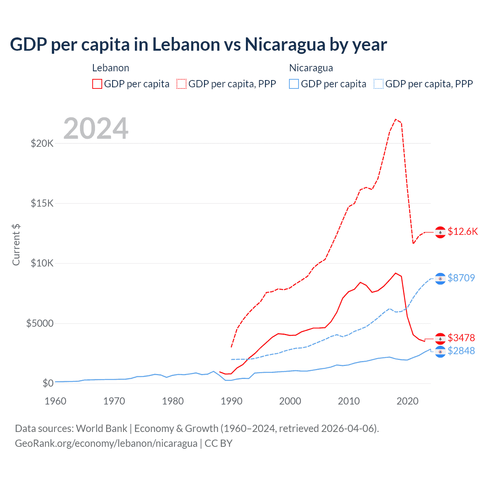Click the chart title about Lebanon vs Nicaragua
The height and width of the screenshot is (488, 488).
coord(198,45)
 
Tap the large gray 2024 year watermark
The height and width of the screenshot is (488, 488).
coord(96,128)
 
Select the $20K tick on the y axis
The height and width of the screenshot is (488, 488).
coord(42,144)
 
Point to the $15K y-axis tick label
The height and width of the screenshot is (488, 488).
coord(42,204)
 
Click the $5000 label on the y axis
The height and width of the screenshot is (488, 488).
coord(40,324)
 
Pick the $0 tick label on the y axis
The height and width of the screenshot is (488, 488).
coord(48,384)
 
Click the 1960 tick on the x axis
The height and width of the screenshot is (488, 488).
coord(56,401)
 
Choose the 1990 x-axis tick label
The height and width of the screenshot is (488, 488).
coord(231,401)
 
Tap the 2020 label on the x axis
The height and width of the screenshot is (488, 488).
coord(408,401)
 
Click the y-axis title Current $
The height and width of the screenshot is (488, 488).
coord(16,245)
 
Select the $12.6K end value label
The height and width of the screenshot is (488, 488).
coord(462,232)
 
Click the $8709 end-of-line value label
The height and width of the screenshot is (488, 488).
coord(461,278)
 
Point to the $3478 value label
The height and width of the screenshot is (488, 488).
coord(461,338)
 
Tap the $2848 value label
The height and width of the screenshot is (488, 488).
coord(461,351)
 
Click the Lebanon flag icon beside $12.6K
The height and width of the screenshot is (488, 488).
coord(440,232)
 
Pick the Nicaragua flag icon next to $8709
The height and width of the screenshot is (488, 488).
coord(440,279)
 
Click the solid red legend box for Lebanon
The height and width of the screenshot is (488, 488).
coord(97,84)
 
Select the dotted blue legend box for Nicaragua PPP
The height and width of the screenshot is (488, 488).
coord(379,84)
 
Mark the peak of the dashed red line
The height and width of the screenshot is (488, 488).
coord(396,119)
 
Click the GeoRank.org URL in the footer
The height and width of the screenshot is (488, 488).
coord(106,443)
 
